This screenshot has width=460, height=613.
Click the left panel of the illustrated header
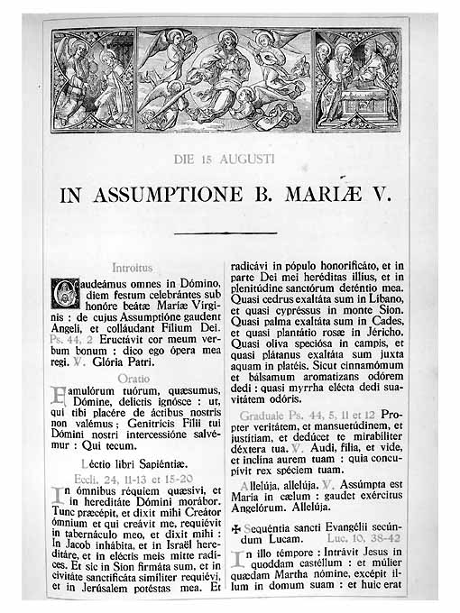94,79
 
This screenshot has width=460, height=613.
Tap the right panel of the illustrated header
357,79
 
